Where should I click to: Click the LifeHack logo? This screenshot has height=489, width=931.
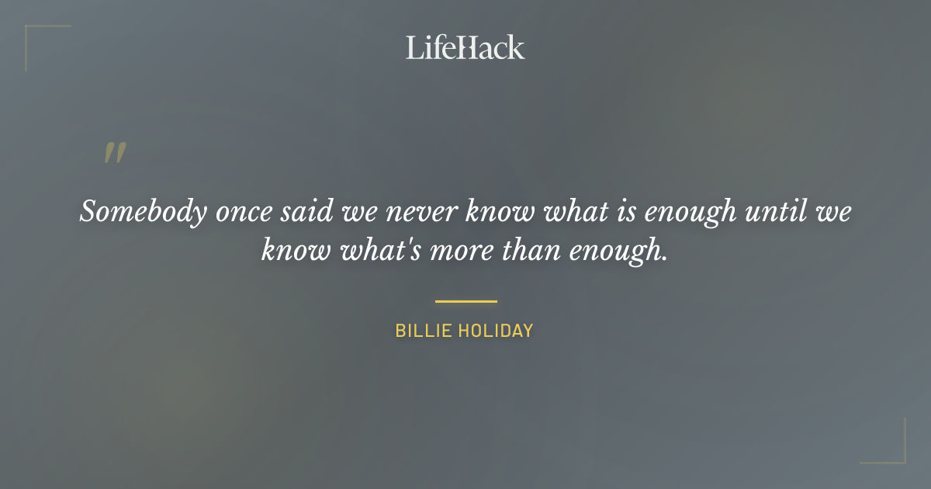(465, 47)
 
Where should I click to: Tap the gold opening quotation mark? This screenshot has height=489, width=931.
(114, 153)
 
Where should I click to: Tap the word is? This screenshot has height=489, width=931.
(615, 212)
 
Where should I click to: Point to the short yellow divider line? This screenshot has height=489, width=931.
(465, 301)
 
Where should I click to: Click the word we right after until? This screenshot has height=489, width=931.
(834, 212)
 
